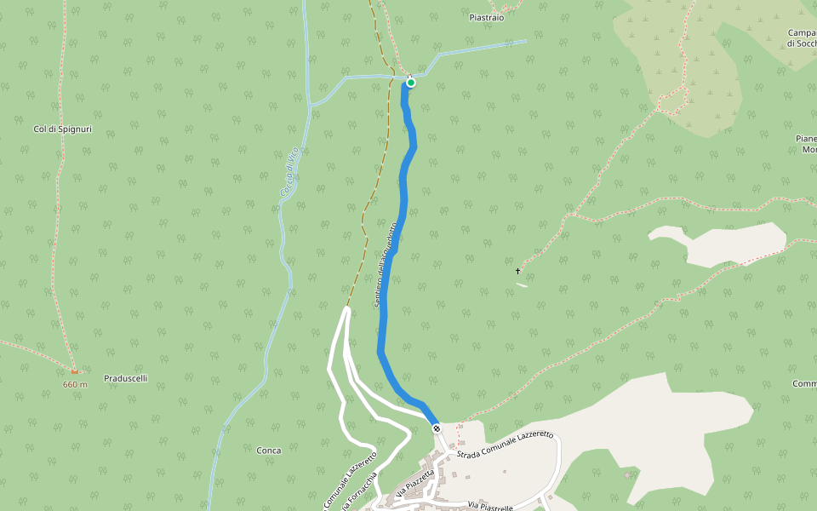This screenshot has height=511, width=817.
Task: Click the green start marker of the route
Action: (411, 83)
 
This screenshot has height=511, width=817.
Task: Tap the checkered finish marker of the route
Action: (437, 428)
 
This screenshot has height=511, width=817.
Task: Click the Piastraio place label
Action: (487, 17)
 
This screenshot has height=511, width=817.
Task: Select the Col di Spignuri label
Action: (62, 129)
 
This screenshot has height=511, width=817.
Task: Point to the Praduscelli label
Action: (125, 378)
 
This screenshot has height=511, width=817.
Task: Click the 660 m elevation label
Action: (75, 384)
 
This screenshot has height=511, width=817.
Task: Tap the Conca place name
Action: (269, 450)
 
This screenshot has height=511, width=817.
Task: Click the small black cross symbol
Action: (518, 272)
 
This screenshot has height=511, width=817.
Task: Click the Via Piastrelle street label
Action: (490, 506)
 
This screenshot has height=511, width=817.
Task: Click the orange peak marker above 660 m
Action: (75, 371)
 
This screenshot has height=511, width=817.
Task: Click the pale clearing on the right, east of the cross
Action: (723, 243)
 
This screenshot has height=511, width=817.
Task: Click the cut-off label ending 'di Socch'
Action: (803, 43)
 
